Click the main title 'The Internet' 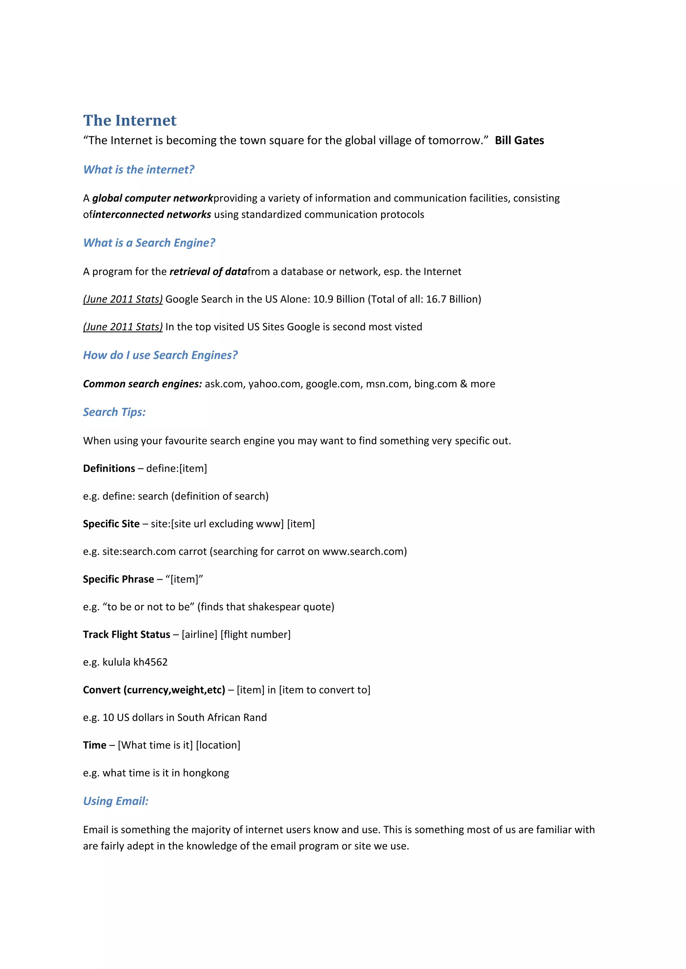pos(130,121)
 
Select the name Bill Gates pos(519,141)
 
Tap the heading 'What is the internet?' pos(139,170)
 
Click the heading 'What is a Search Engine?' pos(149,243)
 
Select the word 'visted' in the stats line pos(408,327)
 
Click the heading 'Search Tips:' pos(114,412)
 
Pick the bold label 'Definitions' pos(109,468)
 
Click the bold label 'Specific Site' pos(111,524)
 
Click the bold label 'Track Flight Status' pos(126,635)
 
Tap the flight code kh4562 pos(150,662)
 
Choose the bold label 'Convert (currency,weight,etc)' pos(154,690)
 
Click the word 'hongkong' pos(206,773)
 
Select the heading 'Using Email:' pos(116,801)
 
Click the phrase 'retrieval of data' pos(208,272)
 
